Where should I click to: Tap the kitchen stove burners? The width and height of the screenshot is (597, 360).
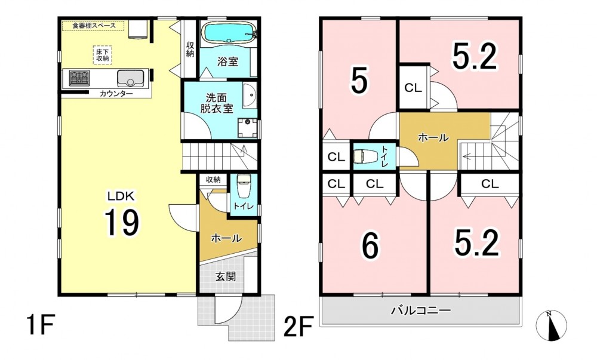pyautogui.click(x=79, y=78)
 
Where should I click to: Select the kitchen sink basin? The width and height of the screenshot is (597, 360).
pyautogui.click(x=130, y=78)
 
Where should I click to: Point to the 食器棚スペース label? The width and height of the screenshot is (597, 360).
pyautogui.click(x=94, y=26)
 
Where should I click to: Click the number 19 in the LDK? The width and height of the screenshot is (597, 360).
pyautogui.click(x=122, y=223)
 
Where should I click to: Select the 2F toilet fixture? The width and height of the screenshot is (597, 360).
pyautogui.click(x=365, y=156)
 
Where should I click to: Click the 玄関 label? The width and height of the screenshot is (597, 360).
pyautogui.click(x=226, y=276)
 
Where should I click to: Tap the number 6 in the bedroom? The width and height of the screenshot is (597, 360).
pyautogui.click(x=370, y=246)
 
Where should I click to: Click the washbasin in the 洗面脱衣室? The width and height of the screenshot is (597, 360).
pyautogui.click(x=250, y=96)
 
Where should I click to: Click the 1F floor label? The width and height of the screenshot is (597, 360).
pyautogui.click(x=39, y=324)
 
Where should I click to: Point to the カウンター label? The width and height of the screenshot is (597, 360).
pyautogui.click(x=116, y=94)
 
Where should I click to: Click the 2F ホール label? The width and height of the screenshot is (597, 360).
pyautogui.click(x=433, y=137)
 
